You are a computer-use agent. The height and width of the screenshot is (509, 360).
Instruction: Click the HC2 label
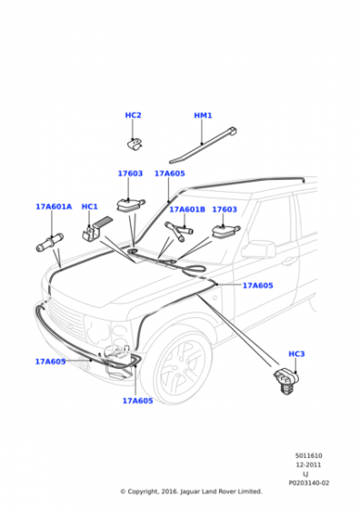(133, 115)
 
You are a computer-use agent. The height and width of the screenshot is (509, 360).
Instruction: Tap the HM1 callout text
(203, 115)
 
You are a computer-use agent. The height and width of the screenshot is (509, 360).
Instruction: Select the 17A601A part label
(54, 207)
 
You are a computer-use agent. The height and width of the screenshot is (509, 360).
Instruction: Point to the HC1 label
(89, 207)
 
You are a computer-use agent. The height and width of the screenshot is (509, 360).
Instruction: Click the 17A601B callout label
(187, 209)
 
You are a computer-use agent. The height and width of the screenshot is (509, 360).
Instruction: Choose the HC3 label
(296, 354)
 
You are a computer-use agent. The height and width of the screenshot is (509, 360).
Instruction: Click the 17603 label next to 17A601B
(225, 209)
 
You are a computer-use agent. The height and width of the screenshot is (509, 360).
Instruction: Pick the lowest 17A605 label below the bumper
(137, 401)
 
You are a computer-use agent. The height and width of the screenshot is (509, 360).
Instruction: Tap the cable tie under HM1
(204, 145)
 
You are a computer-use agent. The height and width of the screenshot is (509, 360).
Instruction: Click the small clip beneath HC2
(135, 145)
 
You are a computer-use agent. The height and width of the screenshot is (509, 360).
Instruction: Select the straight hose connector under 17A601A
(50, 243)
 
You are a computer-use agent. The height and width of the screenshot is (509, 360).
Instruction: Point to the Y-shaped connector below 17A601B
(178, 231)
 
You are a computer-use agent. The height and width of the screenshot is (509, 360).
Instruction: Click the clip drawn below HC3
(285, 381)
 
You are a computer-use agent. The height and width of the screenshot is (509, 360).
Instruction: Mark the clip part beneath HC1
(96, 229)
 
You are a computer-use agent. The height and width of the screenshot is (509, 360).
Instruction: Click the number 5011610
(309, 455)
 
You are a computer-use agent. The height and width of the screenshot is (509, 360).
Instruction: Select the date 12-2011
(308, 464)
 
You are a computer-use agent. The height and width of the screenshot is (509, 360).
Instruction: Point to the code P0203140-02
(309, 483)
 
